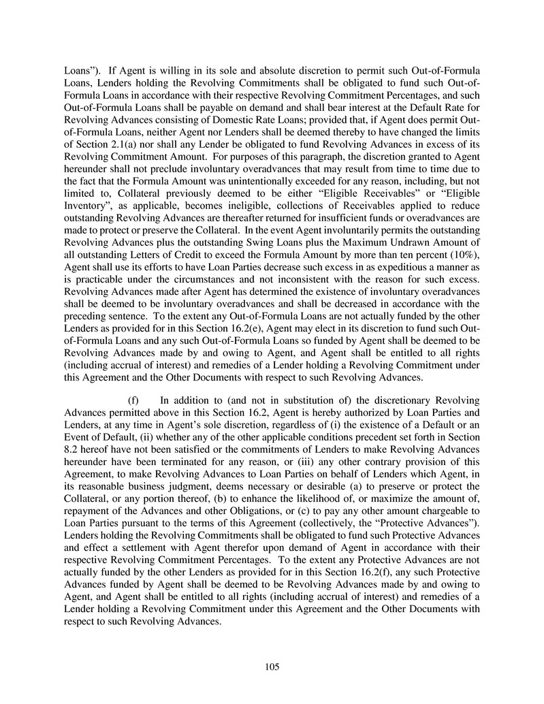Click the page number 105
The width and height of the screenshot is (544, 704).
pyautogui.click(x=272, y=667)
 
